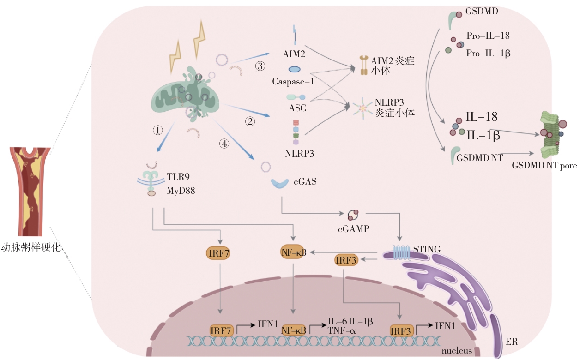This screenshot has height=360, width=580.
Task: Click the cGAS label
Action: [x=305, y=181]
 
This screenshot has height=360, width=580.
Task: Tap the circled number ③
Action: [x=260, y=66]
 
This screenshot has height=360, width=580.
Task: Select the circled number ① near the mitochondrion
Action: [x=158, y=130]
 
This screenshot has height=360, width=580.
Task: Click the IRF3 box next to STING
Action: [x=346, y=260]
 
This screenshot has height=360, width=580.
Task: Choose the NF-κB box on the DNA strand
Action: [x=294, y=330]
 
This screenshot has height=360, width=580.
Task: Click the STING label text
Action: [x=427, y=250]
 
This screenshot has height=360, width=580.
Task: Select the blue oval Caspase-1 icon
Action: [x=295, y=69]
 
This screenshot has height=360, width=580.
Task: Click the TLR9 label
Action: [x=178, y=177]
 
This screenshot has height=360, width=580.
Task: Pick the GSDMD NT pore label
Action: [x=544, y=165]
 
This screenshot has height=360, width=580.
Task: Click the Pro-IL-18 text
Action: [x=488, y=36]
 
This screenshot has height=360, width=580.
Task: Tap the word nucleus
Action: [x=456, y=351]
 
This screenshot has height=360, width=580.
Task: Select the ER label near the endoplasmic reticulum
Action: [x=512, y=342]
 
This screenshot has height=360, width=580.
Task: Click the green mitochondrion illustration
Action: [x=187, y=95]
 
